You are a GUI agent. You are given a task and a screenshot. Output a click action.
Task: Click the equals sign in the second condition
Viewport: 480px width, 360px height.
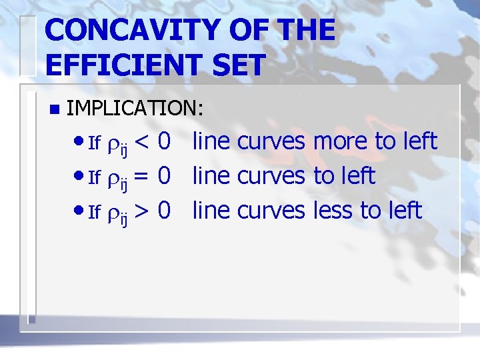click(142, 177)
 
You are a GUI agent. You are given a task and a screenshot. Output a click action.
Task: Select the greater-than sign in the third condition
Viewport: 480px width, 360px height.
click(142, 211)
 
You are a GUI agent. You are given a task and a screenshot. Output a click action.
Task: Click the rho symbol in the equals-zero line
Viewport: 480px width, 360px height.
click(113, 178)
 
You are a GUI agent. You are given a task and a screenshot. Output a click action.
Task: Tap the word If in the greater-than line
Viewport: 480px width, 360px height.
click(94, 213)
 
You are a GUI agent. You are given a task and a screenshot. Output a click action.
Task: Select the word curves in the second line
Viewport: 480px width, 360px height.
click(271, 177)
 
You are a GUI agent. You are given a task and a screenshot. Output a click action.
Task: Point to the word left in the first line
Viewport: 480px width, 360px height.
click(418, 142)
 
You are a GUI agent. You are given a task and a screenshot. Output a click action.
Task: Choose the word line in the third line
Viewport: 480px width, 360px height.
click(211, 211)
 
